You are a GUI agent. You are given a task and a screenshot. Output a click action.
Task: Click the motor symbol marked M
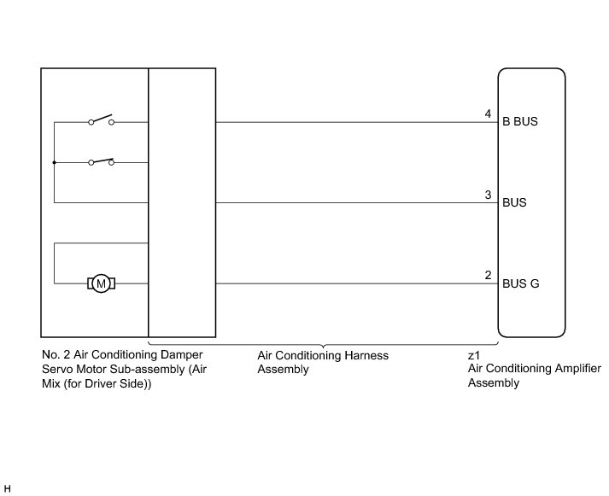(101, 283)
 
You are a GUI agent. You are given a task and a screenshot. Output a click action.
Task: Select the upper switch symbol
(101, 120)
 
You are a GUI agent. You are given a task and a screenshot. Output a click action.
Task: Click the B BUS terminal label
(520, 122)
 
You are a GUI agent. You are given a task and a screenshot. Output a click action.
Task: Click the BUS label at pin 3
(514, 203)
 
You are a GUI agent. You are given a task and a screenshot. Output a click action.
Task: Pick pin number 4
(488, 114)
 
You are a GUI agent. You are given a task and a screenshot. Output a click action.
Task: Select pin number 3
(488, 195)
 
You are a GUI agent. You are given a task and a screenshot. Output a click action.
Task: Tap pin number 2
(488, 275)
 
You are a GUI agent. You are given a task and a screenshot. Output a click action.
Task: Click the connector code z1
(473, 354)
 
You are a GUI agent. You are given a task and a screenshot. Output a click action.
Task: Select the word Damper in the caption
(183, 354)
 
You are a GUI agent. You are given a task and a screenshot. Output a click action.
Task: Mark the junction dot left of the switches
(54, 162)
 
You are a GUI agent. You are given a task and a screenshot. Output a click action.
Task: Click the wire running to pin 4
(350, 122)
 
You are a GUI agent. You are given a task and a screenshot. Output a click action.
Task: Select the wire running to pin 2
(350, 283)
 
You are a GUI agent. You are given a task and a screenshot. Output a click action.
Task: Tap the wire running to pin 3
(350, 203)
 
